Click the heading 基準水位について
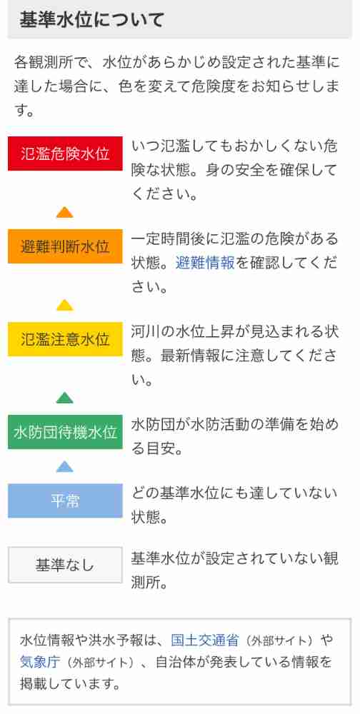coord(91,20)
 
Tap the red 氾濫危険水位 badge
coord(65,154)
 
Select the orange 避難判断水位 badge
coord(65,246)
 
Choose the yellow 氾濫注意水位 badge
coord(65,339)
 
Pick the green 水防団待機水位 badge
coord(65,432)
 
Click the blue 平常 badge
coord(65,501)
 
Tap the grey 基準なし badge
coord(65,565)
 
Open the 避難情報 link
coord(205,263)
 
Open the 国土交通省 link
coord(204,640)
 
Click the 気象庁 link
coord(40,662)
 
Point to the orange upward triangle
coord(65,213)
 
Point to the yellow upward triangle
coord(65,305)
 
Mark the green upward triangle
coord(65,398)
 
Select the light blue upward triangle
coord(65,466)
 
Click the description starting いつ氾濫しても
coord(234,171)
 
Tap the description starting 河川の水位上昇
coord(234,354)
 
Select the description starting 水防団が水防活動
coord(234,437)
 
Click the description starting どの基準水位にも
coord(234,505)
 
